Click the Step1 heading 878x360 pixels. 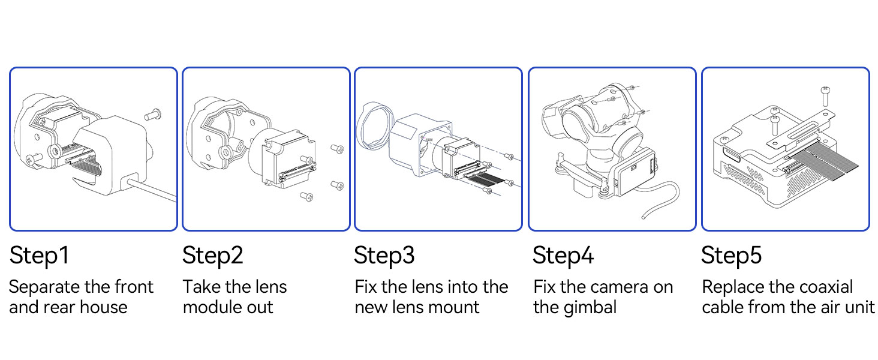tap(40, 256)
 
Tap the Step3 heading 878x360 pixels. tap(384, 256)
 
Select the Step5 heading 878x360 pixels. tap(731, 256)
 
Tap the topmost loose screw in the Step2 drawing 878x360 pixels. tap(336, 148)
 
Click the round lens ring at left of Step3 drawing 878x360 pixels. tap(373, 127)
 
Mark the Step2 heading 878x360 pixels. tap(213, 256)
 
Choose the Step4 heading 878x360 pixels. tap(563, 256)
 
